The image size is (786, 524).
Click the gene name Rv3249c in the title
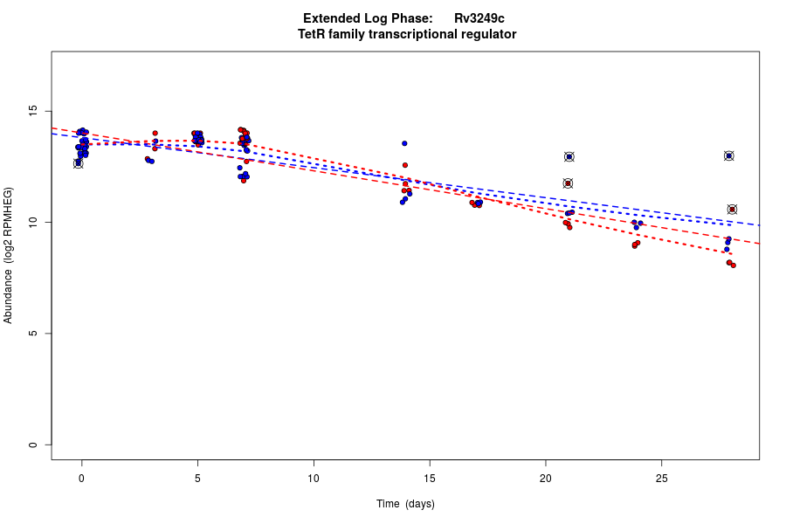point(479,18)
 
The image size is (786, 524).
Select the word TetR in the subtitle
point(312,35)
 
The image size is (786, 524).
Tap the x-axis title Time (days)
point(405,504)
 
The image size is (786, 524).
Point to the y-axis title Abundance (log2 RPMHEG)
point(9,255)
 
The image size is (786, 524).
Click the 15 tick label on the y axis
point(32,111)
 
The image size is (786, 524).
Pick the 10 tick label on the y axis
point(32,223)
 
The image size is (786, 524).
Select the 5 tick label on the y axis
point(32,334)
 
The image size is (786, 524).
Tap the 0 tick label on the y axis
point(32,445)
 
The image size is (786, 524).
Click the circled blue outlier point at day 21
point(569,157)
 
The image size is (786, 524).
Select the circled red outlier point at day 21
point(568,183)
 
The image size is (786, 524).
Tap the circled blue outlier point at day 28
point(729,155)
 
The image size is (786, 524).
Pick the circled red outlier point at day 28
point(732,210)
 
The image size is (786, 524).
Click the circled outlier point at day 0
point(78,163)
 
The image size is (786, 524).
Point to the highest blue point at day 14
point(404,143)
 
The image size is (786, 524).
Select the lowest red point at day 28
point(734,265)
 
